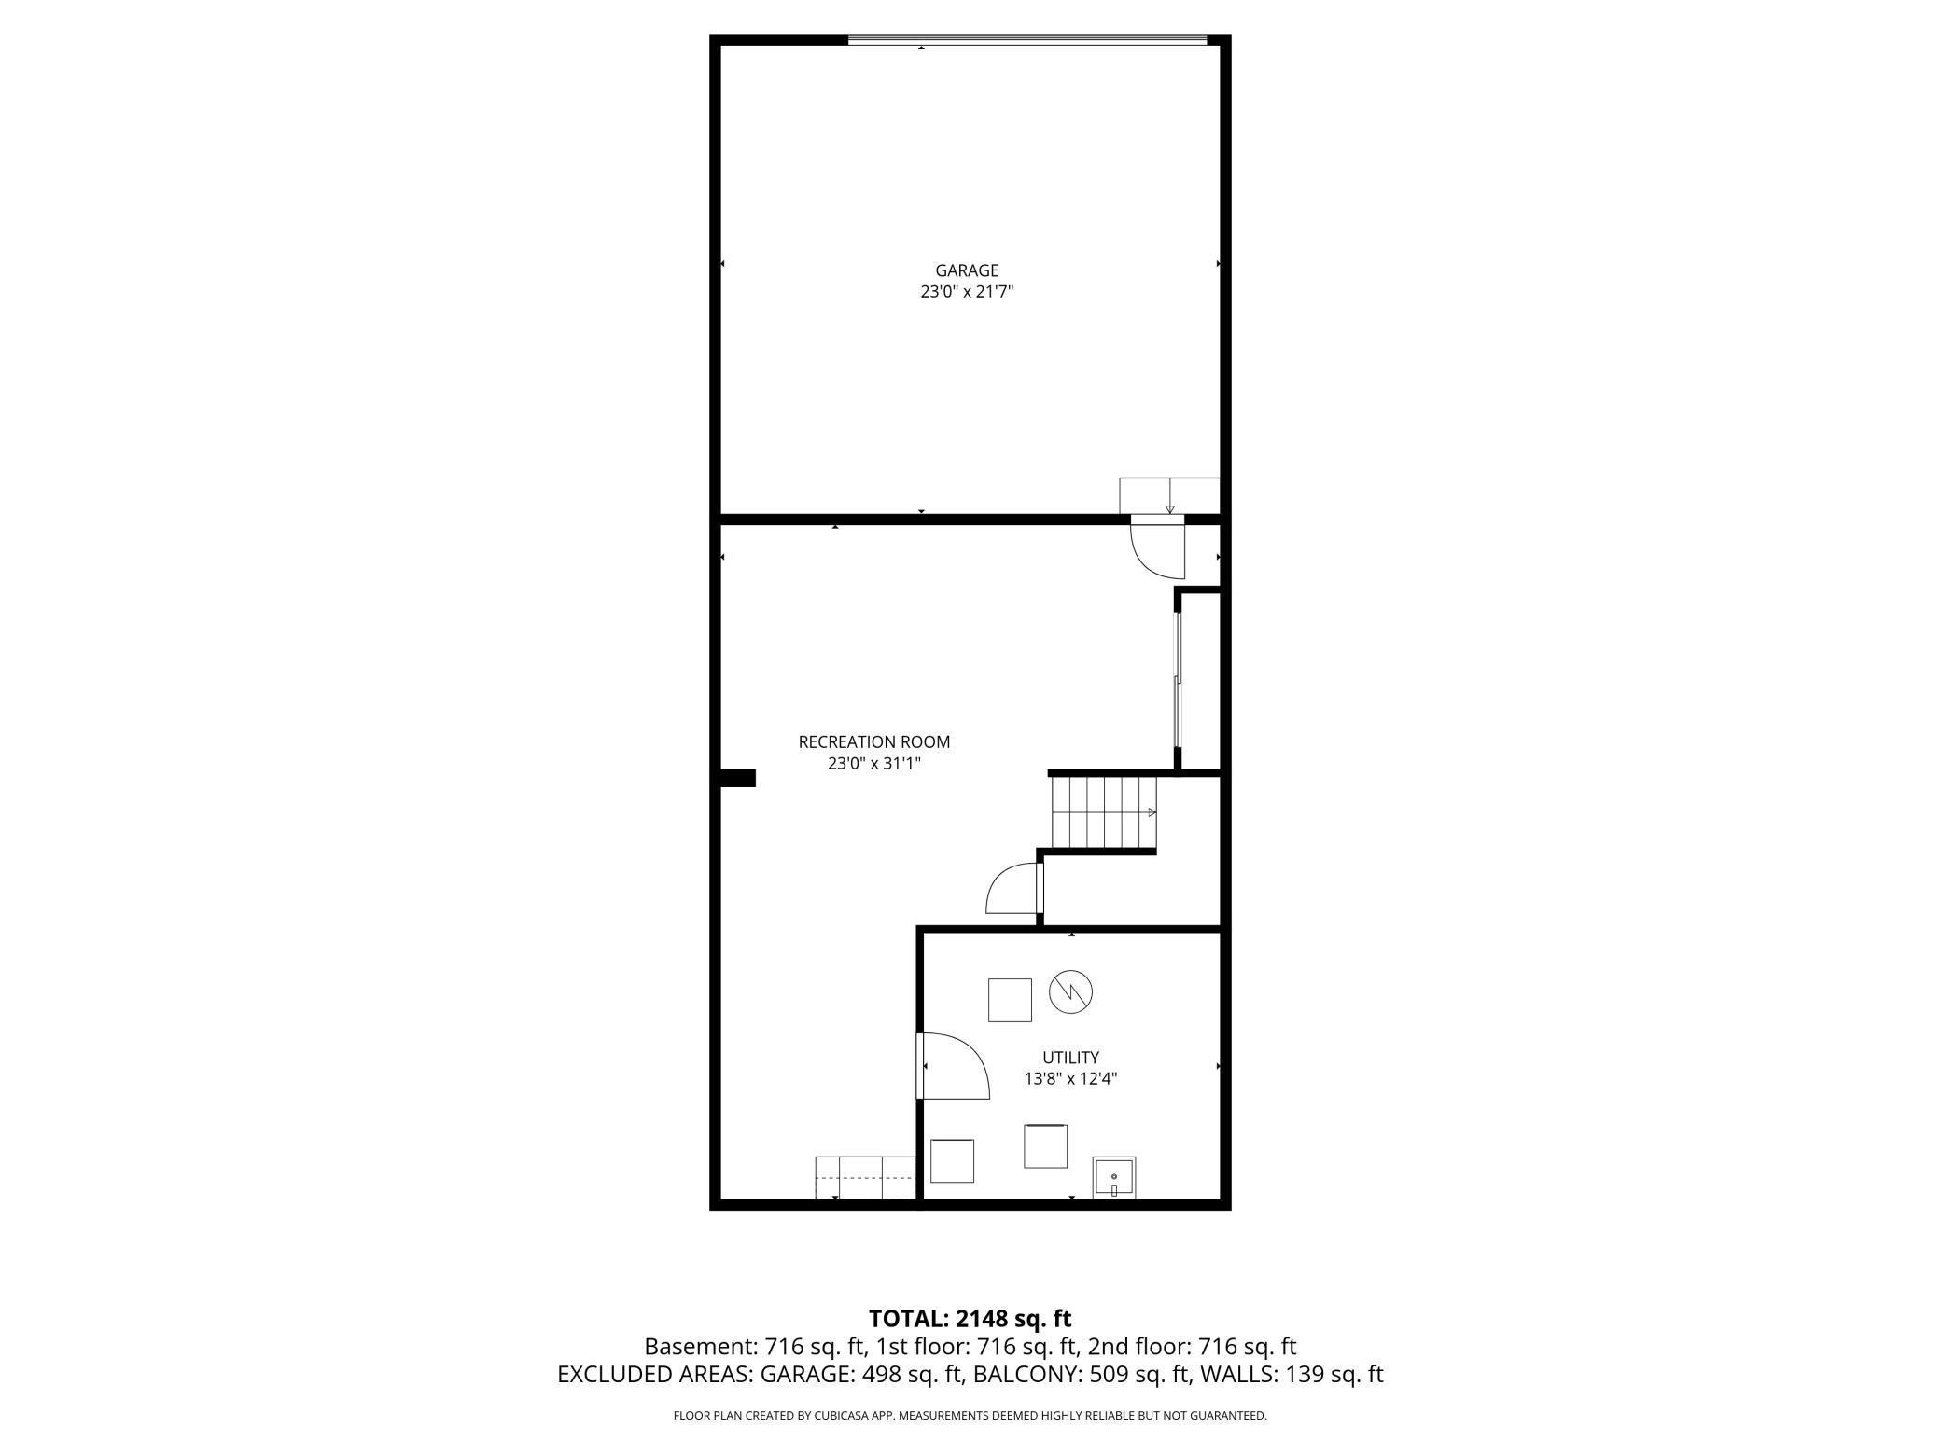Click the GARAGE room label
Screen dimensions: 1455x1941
tap(967, 270)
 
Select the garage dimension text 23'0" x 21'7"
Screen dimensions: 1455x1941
tap(967, 292)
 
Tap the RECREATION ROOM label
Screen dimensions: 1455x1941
tap(873, 742)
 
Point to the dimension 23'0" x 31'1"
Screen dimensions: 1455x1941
tap(873, 764)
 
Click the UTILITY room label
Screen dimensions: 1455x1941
tap(1070, 1058)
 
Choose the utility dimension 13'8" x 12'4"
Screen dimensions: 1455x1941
tap(1070, 1079)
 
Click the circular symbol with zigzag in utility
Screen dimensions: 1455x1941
tap(1070, 992)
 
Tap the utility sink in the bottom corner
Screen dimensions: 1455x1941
tap(1114, 1177)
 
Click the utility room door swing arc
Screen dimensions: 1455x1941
tap(957, 1069)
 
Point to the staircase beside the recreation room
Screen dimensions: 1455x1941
tap(1103, 811)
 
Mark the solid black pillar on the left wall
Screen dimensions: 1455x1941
tap(738, 778)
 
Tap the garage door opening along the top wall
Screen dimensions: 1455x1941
tap(1026, 40)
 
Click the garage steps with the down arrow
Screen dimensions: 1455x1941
tap(1169, 495)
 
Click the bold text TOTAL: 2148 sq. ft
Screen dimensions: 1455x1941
tap(970, 1319)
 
